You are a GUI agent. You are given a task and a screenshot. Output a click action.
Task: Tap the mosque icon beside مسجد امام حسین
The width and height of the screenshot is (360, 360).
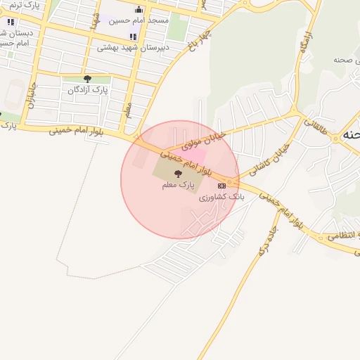click(139, 9)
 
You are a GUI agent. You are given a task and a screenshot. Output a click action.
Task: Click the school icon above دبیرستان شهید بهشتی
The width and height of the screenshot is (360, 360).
click(133, 37)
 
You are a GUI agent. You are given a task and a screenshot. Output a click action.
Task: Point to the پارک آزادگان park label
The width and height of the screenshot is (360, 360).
click(89, 90)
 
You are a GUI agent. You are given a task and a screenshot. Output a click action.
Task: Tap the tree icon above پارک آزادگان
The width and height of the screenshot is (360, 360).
click(87, 79)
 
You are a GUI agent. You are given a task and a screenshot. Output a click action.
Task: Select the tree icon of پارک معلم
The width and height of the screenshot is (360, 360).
click(176, 173)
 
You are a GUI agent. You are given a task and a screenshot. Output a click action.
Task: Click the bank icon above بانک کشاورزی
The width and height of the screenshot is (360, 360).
click(222, 186)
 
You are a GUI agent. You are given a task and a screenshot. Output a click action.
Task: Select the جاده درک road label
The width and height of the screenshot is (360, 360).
click(268, 239)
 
